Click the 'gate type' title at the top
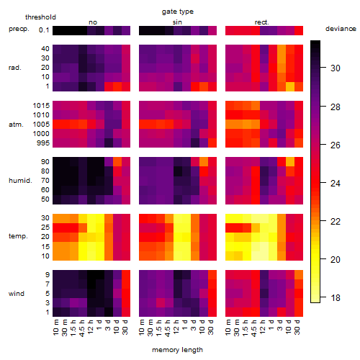click(x=178, y=12)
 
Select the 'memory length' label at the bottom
click(x=177, y=350)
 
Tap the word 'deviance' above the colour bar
click(x=341, y=29)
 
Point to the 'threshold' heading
click(x=40, y=17)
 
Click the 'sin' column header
click(x=177, y=22)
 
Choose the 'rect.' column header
click(x=261, y=22)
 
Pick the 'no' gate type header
click(x=93, y=22)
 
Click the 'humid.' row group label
click(x=20, y=180)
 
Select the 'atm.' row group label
click(x=16, y=125)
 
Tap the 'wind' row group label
click(x=17, y=293)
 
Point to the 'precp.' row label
click(x=19, y=29)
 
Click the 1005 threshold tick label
click(x=41, y=124)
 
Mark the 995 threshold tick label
click(x=43, y=143)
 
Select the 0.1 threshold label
click(x=44, y=30)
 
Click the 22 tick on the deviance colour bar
click(x=336, y=221)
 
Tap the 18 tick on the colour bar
click(x=336, y=298)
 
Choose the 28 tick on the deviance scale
click(x=336, y=107)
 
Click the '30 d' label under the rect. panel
click(x=297, y=327)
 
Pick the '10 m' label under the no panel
click(x=55, y=328)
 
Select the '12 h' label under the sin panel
click(x=176, y=327)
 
